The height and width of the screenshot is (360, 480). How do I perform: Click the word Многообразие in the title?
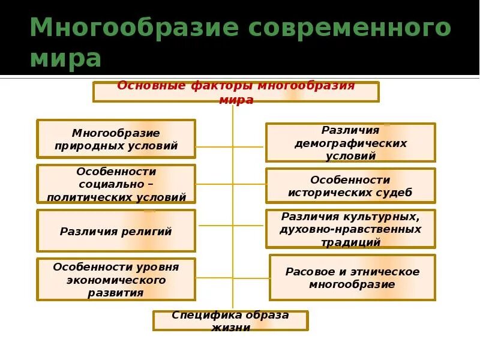[x=117, y=28]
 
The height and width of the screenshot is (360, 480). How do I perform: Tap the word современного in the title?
[x=332, y=28]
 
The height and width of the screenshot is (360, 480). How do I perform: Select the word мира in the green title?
[x=65, y=59]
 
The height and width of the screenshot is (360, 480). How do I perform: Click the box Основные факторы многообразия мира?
[x=236, y=92]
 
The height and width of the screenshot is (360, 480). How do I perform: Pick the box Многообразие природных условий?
[x=116, y=139]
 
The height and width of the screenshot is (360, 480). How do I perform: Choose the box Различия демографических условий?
[x=350, y=143]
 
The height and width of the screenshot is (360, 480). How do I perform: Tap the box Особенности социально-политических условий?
[x=116, y=184]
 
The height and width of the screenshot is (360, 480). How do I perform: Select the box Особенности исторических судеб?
[x=350, y=186]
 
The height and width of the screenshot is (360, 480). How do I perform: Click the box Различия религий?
[x=116, y=231]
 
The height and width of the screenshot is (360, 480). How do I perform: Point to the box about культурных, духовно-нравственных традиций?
[x=350, y=229]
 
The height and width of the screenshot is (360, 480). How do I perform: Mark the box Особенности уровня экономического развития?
[x=116, y=280]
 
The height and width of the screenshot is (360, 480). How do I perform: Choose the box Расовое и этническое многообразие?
[x=352, y=278]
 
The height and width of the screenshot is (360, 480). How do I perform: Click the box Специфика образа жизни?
[x=230, y=321]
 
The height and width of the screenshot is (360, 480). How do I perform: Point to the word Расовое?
[x=307, y=272]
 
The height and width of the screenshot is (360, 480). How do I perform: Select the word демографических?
[x=350, y=143]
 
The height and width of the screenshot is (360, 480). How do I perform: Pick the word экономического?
[x=116, y=280]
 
